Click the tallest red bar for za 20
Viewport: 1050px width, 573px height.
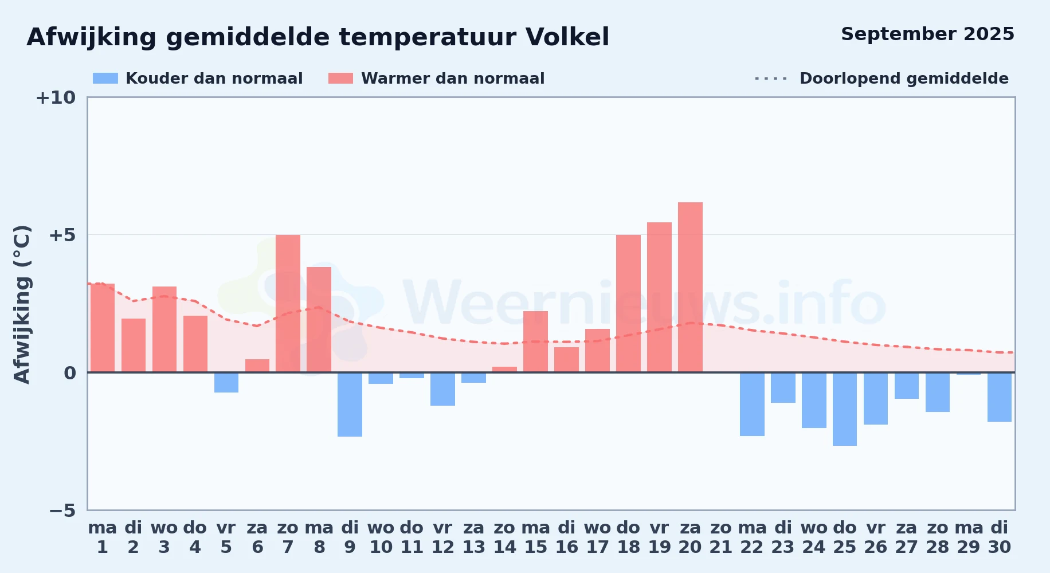(690, 287)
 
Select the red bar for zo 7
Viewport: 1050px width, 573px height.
(288, 304)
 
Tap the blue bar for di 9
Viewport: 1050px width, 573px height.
(350, 405)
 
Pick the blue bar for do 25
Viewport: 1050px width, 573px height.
(845, 409)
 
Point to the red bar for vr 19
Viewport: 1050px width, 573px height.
(659, 297)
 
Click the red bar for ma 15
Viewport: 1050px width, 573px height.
(535, 342)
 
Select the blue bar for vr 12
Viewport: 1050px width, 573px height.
(442, 389)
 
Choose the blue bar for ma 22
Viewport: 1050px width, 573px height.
(752, 404)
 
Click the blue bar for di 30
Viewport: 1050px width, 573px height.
(1000, 397)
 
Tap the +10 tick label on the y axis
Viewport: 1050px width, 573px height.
(56, 97)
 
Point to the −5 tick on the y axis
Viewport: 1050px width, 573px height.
(62, 511)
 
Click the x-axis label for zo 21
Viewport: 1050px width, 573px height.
(721, 537)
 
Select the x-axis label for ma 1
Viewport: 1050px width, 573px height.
(103, 537)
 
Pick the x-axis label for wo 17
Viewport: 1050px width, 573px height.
(597, 537)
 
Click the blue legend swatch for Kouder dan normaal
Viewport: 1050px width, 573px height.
(105, 79)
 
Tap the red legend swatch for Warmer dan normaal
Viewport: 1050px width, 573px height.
(341, 79)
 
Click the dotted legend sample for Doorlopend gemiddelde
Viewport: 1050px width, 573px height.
(771, 79)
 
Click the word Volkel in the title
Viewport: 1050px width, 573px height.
(567, 37)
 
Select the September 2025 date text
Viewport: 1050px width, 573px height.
(927, 34)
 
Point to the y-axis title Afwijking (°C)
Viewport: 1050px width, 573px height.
(22, 304)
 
